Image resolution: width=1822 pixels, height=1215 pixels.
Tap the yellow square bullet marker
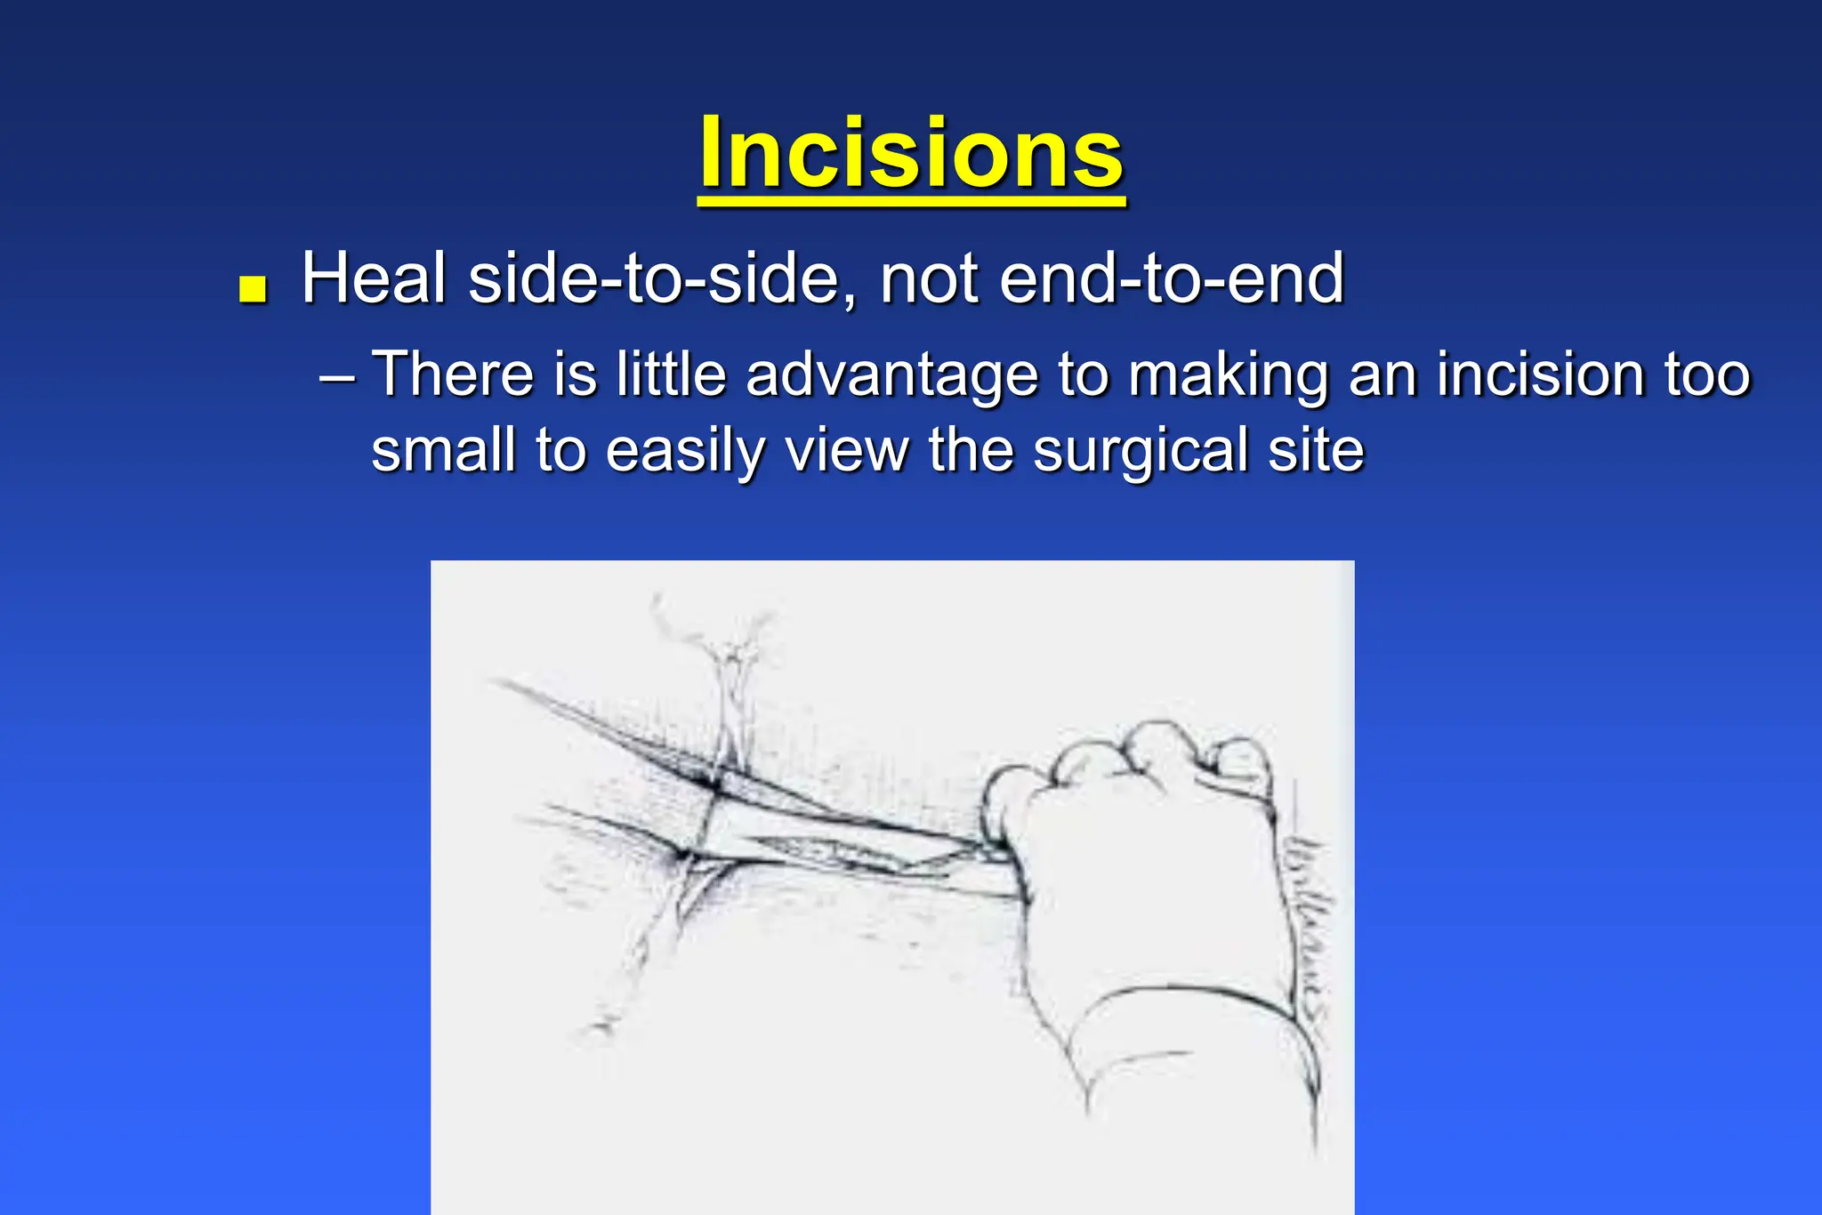coord(254,290)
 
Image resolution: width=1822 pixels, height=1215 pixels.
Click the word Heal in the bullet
coord(374,278)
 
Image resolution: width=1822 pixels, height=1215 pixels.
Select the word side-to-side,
coord(664,278)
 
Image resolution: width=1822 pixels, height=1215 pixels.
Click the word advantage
coord(891,374)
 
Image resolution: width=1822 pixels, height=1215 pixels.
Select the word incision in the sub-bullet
coord(1540,374)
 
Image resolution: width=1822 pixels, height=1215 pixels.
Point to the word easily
coord(685,451)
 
